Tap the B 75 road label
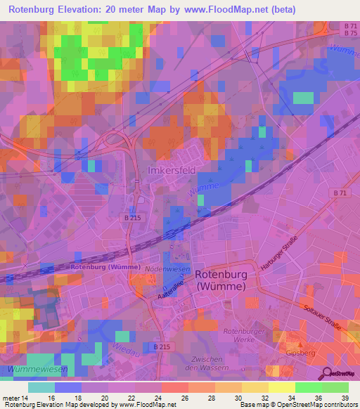click(x=351, y=33)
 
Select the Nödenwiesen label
click(x=165, y=270)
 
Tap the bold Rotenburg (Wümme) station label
click(x=98, y=267)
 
